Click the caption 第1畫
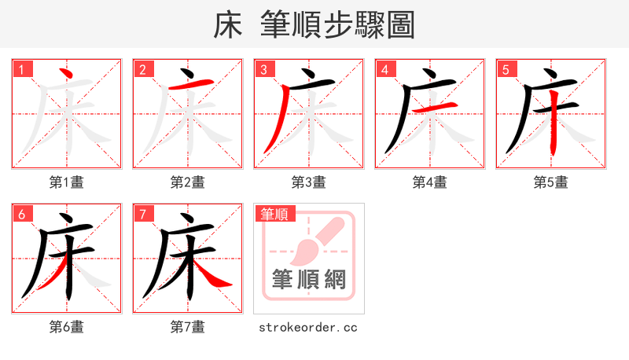[x=67, y=182]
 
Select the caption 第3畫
[x=309, y=182]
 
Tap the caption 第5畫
[x=551, y=182]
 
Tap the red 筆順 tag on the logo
[x=274, y=214]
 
